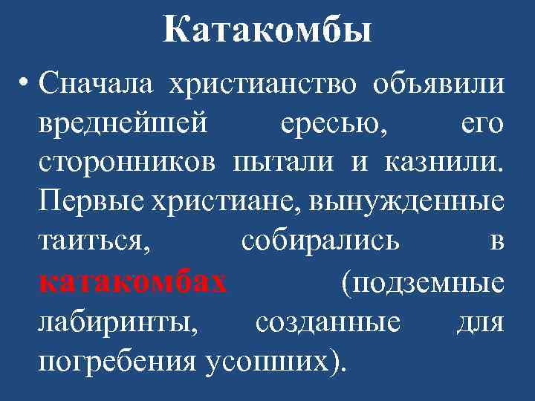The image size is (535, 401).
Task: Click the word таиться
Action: (94, 242)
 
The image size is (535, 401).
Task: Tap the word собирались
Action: (320, 242)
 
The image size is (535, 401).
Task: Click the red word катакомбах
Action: (133, 282)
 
